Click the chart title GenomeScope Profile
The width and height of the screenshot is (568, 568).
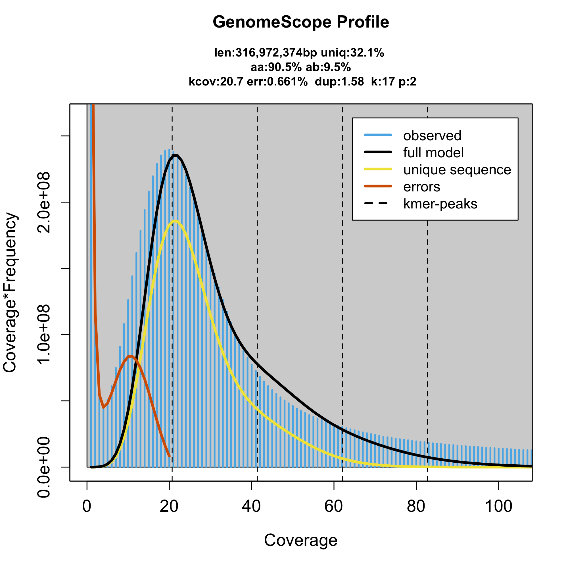point(301,22)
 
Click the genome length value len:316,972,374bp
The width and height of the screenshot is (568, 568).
point(266,53)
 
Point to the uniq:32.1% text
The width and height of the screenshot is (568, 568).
point(352,53)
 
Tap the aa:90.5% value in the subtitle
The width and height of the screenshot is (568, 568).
point(276,67)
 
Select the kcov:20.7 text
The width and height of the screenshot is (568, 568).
point(216,82)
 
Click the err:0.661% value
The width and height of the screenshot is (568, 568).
point(277,82)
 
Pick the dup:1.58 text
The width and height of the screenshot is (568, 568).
point(339,82)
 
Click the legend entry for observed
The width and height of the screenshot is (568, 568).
point(432,135)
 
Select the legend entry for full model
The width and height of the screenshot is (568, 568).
point(433,153)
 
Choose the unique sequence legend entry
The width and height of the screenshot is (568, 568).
point(457,170)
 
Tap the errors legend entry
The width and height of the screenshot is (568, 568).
point(421,187)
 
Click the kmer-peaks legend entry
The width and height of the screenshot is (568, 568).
point(440,204)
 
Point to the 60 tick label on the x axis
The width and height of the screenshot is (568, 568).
point(334,506)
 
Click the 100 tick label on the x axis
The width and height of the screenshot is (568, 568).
point(499,506)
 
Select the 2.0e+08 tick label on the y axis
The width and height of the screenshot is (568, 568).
point(45,202)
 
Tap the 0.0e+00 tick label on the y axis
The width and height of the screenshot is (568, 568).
point(45,467)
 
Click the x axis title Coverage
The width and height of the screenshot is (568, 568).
point(300,540)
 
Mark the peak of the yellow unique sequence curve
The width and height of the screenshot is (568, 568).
point(175,221)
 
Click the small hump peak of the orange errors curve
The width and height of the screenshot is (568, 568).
point(131,356)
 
